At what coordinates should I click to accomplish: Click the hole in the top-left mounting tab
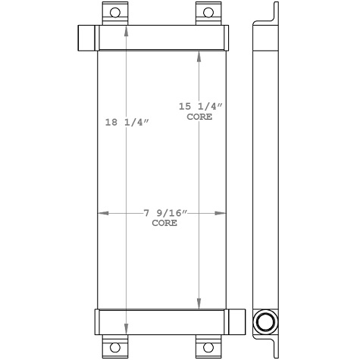click(x=115, y=11)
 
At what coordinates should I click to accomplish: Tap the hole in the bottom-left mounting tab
click(x=115, y=349)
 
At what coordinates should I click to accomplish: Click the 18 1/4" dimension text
click(x=123, y=122)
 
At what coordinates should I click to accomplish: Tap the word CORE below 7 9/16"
click(x=164, y=224)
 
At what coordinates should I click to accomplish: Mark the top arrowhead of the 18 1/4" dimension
click(x=127, y=30)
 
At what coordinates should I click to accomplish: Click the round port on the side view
click(x=265, y=321)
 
